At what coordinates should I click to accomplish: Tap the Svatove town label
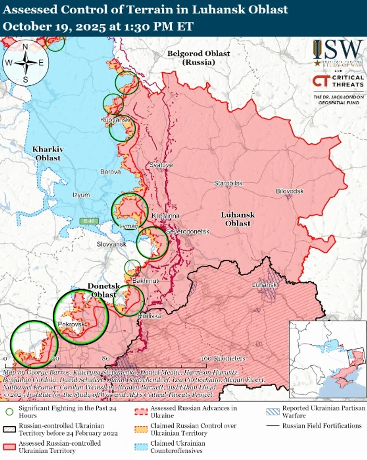click(x=161, y=165)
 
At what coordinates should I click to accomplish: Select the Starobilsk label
click(x=228, y=183)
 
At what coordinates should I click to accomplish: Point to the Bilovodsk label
click(x=290, y=191)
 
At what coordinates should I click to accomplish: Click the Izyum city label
click(x=81, y=195)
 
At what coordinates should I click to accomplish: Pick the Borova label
click(x=111, y=172)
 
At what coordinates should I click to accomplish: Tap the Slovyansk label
click(x=111, y=244)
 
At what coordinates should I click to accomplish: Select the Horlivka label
click(x=149, y=316)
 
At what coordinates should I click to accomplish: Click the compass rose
click(x=25, y=63)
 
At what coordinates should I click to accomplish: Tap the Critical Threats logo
click(x=338, y=81)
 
